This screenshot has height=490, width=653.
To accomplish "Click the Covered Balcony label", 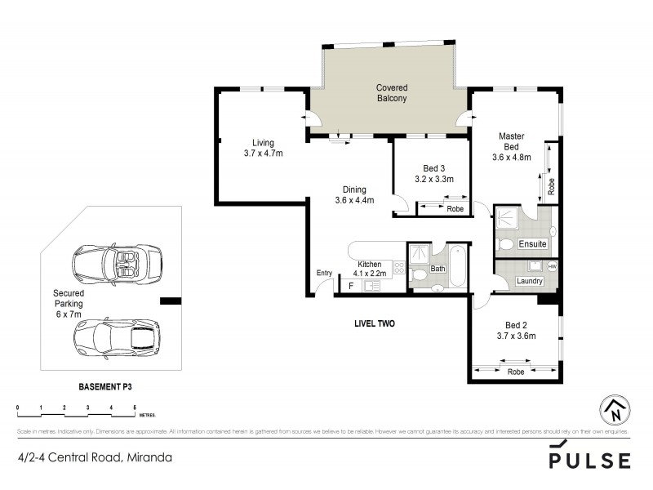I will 391,93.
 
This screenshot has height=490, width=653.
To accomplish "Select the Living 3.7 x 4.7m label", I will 263,148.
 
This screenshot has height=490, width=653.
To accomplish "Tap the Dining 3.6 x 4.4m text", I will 354,195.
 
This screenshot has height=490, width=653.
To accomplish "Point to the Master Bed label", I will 512,146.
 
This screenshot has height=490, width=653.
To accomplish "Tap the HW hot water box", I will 552,266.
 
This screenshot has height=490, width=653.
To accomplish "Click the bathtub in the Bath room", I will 456,265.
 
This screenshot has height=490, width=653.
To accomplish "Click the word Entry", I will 325,274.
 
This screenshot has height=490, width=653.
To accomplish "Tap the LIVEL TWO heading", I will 375,323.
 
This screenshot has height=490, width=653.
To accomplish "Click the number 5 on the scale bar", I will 133,406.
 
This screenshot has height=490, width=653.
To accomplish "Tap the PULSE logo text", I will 589,460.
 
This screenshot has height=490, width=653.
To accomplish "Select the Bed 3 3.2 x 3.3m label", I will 433,174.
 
